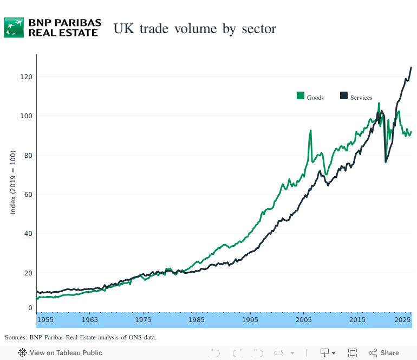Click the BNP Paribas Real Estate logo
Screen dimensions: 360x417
coord(53,27)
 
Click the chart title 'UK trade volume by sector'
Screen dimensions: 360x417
coord(194,29)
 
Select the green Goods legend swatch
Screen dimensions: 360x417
coord(301,96)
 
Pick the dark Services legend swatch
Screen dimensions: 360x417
coord(343,96)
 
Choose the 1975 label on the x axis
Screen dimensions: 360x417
coord(144,320)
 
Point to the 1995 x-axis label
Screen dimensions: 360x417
coord(250,320)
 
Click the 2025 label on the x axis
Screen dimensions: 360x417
coord(402,320)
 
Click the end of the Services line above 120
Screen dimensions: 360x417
coord(411,68)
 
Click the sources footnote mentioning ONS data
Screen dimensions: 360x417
coord(81,337)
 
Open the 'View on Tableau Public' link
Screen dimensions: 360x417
coord(60,353)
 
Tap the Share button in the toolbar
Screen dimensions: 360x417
coord(384,353)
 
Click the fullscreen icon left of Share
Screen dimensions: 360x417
coord(353,353)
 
